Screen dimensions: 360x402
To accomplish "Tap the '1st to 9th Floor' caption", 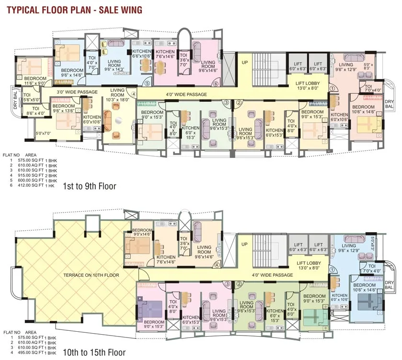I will click(x=90, y=185).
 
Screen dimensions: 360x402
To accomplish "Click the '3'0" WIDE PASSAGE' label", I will click(x=77, y=92).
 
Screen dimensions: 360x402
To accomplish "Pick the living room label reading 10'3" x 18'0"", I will click(x=117, y=95).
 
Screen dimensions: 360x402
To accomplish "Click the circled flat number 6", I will click(x=216, y=84).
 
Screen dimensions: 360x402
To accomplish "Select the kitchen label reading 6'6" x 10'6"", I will click(x=142, y=54).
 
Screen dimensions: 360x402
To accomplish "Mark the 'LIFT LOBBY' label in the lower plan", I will click(x=309, y=266).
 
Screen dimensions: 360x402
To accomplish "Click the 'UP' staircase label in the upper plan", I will click(x=244, y=63).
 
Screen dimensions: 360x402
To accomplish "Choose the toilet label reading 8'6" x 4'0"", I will click(x=35, y=111).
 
